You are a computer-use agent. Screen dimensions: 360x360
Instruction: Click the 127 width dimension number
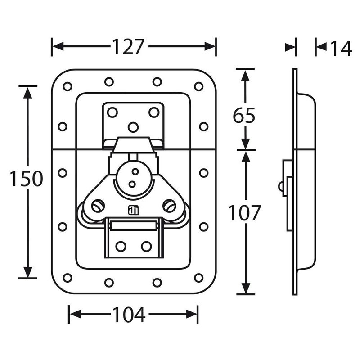tap(128, 47)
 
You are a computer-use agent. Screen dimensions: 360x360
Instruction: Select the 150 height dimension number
tap(27, 179)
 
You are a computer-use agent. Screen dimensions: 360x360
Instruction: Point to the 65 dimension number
tap(244, 115)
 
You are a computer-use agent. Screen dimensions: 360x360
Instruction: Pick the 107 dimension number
tap(244, 212)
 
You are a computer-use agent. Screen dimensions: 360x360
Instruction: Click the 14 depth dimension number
tap(341, 49)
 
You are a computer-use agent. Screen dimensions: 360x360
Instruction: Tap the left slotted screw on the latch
tap(98, 206)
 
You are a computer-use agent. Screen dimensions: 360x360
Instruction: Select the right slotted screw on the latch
tap(170, 206)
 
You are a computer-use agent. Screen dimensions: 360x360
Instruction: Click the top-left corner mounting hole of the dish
tap(67, 86)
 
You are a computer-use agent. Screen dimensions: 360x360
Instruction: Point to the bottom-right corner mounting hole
tap(198, 278)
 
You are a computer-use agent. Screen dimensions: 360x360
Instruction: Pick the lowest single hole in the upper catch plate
tap(133, 127)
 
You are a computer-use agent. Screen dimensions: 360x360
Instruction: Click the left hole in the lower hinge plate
tap(121, 246)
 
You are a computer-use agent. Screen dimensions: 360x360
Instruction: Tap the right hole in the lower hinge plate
tap(146, 246)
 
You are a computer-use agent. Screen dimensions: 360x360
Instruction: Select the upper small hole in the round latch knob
tap(135, 171)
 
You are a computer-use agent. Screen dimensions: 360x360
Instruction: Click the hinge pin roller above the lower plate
tap(134, 226)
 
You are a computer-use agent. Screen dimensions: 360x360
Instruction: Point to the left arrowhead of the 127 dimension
tap(58, 47)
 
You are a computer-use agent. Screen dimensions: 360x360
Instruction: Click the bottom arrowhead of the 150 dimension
tap(28, 272)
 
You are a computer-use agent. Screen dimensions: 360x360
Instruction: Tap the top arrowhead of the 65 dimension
tap(245, 76)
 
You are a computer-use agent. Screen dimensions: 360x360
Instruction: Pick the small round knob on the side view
tap(280, 186)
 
